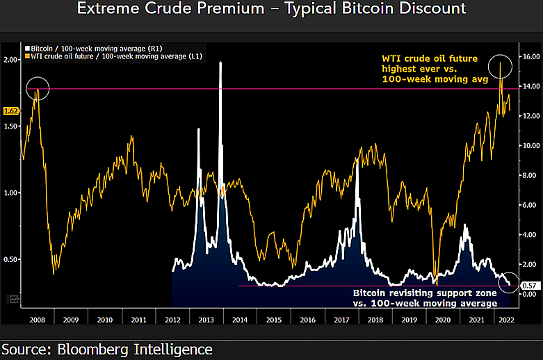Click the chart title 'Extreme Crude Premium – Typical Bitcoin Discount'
(x=271, y=10)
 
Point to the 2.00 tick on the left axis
(x=11, y=60)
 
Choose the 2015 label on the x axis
(x=273, y=320)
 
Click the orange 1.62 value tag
(x=10, y=111)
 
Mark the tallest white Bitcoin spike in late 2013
(x=220, y=63)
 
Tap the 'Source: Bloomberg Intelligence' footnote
(x=107, y=349)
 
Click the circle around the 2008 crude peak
(x=38, y=89)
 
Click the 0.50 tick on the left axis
(x=11, y=260)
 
